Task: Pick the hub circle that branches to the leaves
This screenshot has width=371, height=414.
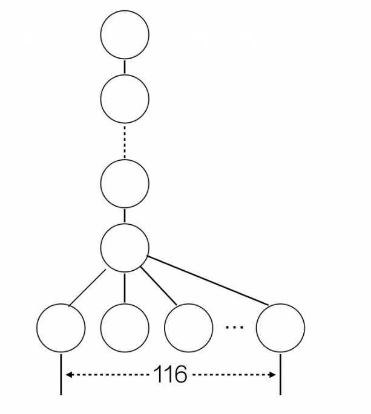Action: tap(125, 247)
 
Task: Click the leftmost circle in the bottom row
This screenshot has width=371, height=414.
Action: tap(61, 328)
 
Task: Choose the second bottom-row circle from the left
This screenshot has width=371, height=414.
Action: tap(125, 328)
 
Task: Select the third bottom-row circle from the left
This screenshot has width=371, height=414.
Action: tap(188, 328)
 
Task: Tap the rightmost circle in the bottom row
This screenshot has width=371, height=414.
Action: tap(280, 328)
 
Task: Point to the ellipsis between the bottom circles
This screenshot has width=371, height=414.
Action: tap(234, 327)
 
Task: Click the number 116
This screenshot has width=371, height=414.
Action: tap(170, 375)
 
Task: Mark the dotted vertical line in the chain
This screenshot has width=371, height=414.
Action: tap(125, 141)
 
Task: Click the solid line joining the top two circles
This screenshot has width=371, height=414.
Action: tap(125, 66)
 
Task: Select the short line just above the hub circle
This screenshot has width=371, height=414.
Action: tap(125, 215)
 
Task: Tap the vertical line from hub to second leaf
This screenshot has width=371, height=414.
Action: tap(125, 287)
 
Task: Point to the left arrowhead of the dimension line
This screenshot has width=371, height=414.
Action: tap(68, 375)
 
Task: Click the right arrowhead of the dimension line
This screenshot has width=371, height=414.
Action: tap(273, 375)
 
